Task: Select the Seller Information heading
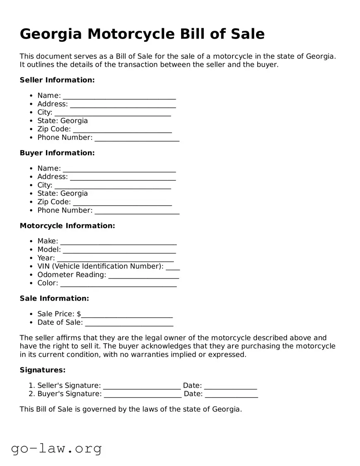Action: (x=57, y=80)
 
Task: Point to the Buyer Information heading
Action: (x=57, y=153)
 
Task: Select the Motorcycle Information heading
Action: (x=67, y=226)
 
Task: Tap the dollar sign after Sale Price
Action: (x=79, y=314)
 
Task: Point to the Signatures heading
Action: (x=43, y=370)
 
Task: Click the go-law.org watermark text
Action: (x=56, y=448)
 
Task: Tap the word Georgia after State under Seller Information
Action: (x=74, y=121)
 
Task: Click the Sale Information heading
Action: (x=54, y=299)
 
